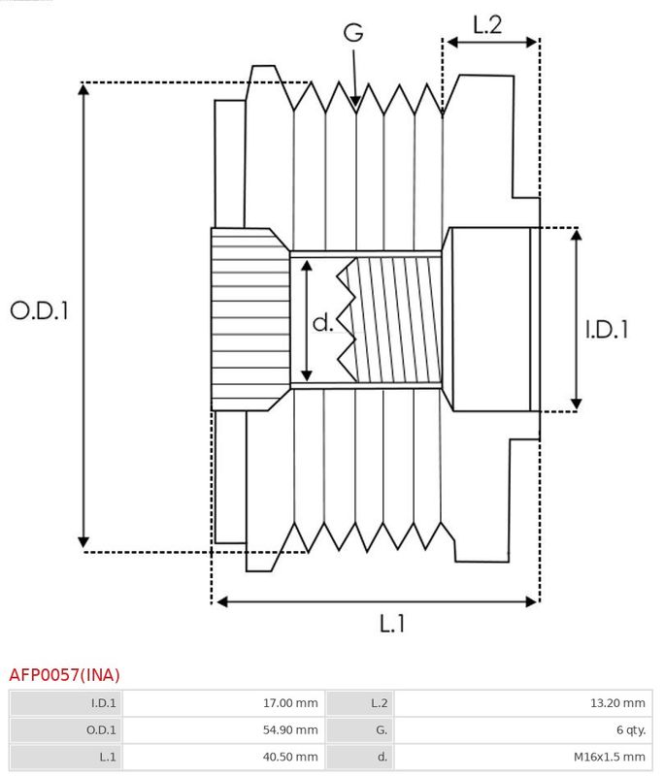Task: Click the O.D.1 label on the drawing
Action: (40, 311)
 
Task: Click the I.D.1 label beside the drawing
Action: (607, 330)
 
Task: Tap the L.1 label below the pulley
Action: (391, 624)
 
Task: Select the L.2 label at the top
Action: (487, 25)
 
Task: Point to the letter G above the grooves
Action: (353, 32)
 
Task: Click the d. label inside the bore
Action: (323, 323)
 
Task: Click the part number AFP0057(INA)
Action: (64, 674)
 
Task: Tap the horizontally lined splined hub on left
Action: (249, 319)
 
